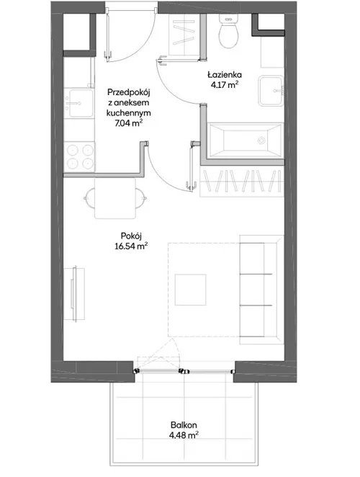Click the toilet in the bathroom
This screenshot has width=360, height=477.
[x=228, y=31]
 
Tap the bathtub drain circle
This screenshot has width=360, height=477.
[x=261, y=141]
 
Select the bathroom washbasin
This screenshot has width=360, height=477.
[x=271, y=91]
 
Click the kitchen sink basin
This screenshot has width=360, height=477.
[x=81, y=103]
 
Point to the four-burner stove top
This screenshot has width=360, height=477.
[x=79, y=157]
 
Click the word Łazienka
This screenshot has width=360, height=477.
[x=225, y=74]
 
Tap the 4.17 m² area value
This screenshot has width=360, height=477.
[x=225, y=84]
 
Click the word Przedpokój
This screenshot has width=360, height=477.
[x=129, y=92]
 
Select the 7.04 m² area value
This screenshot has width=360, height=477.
[x=129, y=123]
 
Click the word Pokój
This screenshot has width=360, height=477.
[x=131, y=236]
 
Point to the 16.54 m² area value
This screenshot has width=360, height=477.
[x=131, y=246]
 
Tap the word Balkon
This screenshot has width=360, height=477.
[x=184, y=424]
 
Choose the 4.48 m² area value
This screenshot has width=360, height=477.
[x=184, y=435]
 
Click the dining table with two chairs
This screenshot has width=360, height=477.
[x=115, y=198]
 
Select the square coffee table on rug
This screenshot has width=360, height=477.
[x=190, y=290]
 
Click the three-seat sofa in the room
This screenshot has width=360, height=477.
[x=262, y=290]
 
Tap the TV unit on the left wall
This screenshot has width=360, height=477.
[x=74, y=293]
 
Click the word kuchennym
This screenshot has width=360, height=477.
[x=129, y=113]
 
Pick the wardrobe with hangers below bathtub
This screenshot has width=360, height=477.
[x=242, y=181]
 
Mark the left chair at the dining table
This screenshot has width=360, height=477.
[x=89, y=198]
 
